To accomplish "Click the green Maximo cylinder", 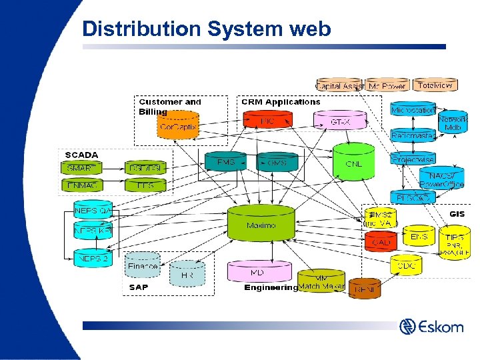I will tap(261, 223).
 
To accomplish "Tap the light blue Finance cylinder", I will tap(142, 265).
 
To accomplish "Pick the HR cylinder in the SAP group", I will tap(187, 273).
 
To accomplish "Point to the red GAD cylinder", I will tap(381, 241).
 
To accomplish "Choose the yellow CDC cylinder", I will tap(406, 265).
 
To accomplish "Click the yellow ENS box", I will tap(419, 237).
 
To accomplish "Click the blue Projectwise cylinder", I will tap(412, 160).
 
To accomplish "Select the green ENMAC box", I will tap(82, 185).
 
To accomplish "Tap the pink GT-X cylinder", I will tap(340, 121).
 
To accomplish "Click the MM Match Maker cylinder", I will tap(321, 282).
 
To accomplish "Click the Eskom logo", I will tap(431, 327).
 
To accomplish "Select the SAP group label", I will tap(138, 287).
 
